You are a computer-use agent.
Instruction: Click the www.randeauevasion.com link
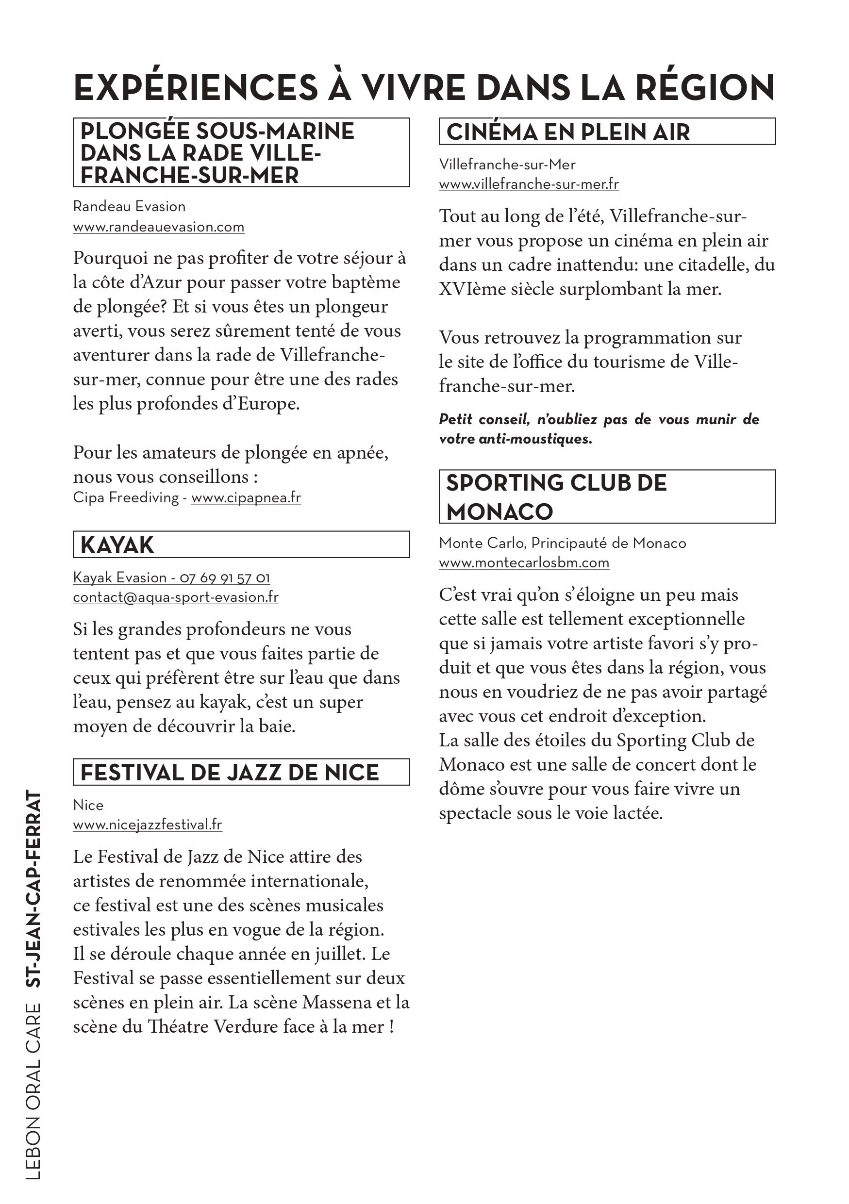[x=158, y=227]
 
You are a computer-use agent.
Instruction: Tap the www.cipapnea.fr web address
[x=246, y=497]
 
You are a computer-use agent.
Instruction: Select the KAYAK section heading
[x=117, y=545]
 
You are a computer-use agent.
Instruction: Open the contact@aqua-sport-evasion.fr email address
[x=176, y=597]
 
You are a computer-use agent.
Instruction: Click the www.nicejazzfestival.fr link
[x=148, y=825]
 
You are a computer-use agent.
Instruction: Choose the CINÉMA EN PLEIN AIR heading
[x=568, y=132]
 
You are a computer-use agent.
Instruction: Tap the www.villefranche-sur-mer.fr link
[x=529, y=184]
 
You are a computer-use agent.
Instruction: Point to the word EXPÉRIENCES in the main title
[x=196, y=87]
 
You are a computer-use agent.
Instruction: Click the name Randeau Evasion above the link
[x=129, y=207]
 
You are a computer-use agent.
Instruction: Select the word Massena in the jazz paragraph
[x=336, y=1002]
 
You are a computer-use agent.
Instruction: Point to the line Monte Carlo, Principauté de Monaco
[x=562, y=543]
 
